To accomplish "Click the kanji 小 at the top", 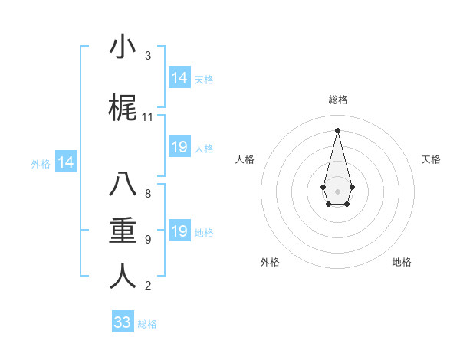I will [x=123, y=47].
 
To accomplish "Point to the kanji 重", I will [x=123, y=231].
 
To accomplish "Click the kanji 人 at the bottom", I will [x=123, y=277].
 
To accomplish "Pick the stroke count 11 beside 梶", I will [x=148, y=117].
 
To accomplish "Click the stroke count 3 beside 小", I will [x=148, y=56].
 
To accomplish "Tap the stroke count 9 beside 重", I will [x=148, y=240].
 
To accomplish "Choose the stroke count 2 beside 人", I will [x=148, y=286].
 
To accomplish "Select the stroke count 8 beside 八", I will [x=148, y=194].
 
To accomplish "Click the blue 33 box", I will [x=123, y=322].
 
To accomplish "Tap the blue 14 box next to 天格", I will [x=179, y=78].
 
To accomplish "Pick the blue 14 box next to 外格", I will [x=66, y=162].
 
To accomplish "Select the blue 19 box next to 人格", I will [x=179, y=147].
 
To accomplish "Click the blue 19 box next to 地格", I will [x=179, y=231].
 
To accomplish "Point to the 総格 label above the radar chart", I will [x=337, y=100].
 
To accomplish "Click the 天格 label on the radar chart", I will [x=431, y=159].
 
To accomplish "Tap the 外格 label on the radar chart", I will [x=270, y=262].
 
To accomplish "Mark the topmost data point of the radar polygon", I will [x=337, y=129].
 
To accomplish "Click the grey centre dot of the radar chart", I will [x=337, y=190].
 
